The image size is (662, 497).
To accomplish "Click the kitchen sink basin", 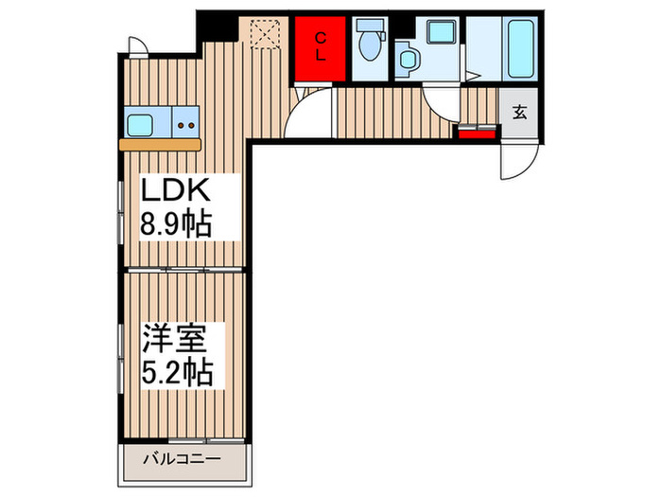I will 145,123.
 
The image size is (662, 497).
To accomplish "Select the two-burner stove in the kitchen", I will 185,123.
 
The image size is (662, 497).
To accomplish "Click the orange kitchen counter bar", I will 161,145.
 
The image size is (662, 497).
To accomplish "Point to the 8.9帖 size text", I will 176,225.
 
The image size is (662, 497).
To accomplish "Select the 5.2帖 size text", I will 178,370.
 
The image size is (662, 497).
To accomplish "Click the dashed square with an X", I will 262,35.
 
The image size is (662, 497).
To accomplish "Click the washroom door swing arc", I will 440,102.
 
